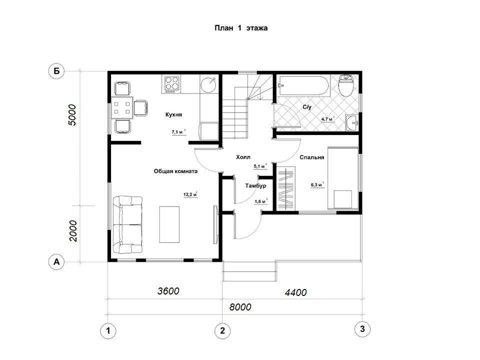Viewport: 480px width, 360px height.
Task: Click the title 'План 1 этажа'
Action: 241,28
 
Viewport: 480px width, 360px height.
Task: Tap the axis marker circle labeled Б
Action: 56,71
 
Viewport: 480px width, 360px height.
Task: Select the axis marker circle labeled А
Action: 56,262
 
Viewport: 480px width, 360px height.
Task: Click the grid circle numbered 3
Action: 362,329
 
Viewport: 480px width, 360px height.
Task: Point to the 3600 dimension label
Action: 168,291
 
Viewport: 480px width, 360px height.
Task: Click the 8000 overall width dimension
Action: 240,306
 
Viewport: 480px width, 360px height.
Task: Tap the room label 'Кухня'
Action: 173,114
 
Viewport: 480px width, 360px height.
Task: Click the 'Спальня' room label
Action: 311,157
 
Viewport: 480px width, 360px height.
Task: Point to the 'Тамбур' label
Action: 255,186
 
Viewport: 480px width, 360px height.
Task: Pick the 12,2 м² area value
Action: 190,194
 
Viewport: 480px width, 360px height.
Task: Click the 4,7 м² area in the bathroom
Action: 327,119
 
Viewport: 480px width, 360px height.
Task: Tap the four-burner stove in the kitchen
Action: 171,84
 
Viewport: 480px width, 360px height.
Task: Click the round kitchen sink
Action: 209,83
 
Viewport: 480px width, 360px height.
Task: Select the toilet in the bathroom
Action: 347,85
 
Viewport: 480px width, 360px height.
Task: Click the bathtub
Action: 303,85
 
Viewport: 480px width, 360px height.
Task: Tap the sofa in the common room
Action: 127,225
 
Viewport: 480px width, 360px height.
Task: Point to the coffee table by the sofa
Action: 169,224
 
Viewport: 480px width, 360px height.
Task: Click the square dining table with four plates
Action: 122,107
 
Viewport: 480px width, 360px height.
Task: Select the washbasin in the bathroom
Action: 352,123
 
